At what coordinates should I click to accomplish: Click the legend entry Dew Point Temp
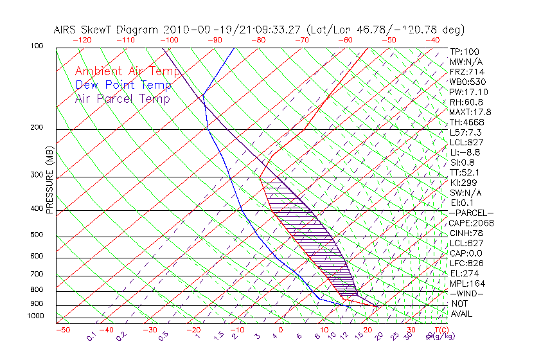pyautogui.click(x=123, y=85)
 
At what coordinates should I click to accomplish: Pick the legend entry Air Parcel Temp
pyautogui.click(x=122, y=98)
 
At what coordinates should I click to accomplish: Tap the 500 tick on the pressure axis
pyautogui.click(x=36, y=235)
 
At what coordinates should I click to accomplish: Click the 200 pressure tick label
pyautogui.click(x=36, y=128)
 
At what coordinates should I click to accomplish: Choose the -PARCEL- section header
pyautogui.click(x=471, y=213)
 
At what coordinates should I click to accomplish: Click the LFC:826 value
pyautogui.click(x=466, y=263)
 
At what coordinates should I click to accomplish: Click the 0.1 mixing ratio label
pyautogui.click(x=91, y=335)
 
